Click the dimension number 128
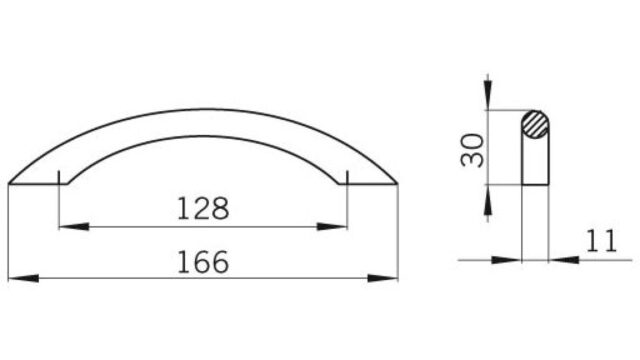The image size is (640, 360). pos(203,209)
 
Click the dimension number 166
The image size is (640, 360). pos(203,262)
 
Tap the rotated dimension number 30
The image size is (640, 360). pos(472,150)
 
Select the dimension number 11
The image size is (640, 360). pos(601,241)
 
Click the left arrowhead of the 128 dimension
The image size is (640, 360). pos(74,227)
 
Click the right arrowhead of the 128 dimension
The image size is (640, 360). pos(332,227)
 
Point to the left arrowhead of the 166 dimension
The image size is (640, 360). pos(24,278)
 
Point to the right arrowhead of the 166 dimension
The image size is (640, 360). pos(382,278)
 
